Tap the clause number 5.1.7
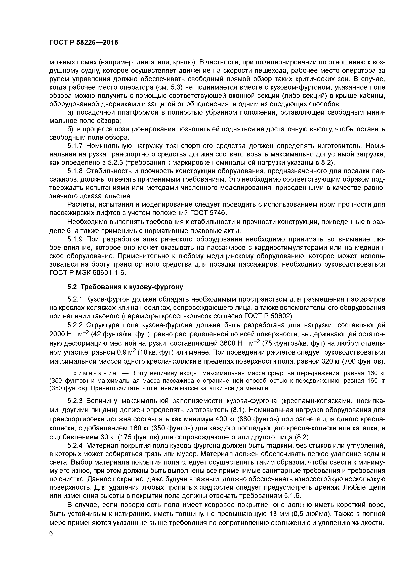(x=75, y=146)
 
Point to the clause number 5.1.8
(x=75, y=171)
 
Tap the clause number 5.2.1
(x=75, y=299)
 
